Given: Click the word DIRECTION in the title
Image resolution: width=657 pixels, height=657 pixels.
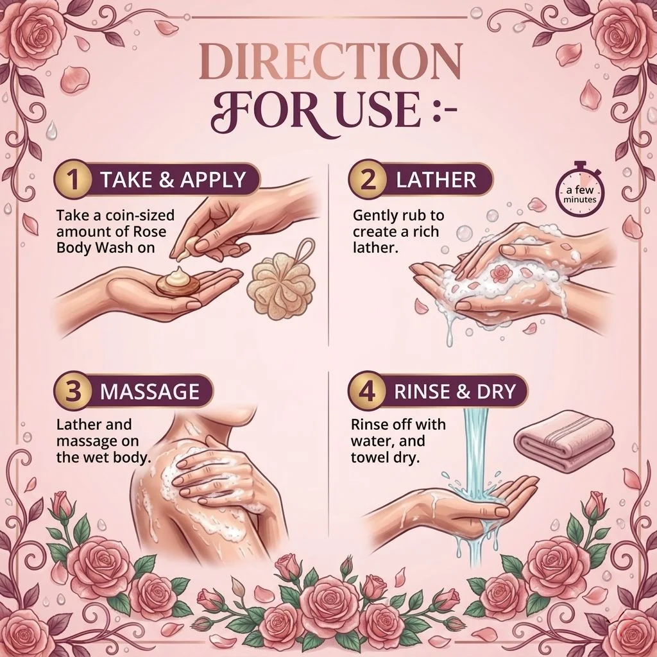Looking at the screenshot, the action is click(330, 62).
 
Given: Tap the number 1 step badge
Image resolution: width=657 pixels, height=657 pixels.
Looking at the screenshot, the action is click(73, 180).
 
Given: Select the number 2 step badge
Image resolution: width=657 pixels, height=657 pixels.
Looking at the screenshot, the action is click(368, 180).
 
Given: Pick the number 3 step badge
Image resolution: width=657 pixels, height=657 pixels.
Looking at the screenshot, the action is click(73, 391).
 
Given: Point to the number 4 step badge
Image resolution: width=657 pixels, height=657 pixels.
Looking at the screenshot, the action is click(368, 391).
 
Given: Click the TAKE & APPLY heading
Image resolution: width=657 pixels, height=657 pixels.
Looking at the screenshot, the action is click(173, 180).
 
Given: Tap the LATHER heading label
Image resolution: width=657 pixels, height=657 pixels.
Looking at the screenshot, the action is click(436, 180).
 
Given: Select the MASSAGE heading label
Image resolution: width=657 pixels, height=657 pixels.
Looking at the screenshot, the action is click(149, 391).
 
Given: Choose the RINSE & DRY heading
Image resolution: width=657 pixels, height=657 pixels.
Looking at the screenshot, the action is click(455, 391).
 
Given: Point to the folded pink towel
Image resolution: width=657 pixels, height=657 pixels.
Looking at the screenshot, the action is click(565, 440).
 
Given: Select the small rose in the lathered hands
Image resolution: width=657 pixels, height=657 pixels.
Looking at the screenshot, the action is click(500, 273).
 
